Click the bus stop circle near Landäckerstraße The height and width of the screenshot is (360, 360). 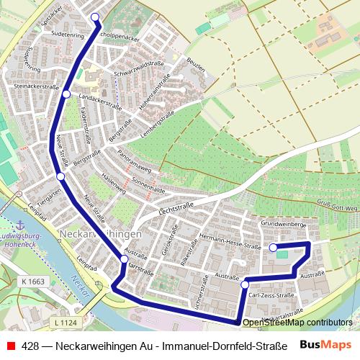(x=66, y=94)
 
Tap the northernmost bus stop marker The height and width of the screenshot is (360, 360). (x=95, y=17)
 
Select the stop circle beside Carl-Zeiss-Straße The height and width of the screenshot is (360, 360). (x=245, y=284)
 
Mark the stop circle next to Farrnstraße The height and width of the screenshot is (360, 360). (x=124, y=258)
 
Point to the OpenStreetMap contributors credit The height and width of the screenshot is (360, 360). (x=297, y=323)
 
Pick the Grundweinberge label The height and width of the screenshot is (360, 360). (x=284, y=225)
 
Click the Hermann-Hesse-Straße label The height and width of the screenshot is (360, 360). (x=230, y=241)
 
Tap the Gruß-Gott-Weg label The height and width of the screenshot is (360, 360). (x=334, y=207)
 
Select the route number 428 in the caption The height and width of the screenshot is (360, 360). (x=30, y=346)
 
